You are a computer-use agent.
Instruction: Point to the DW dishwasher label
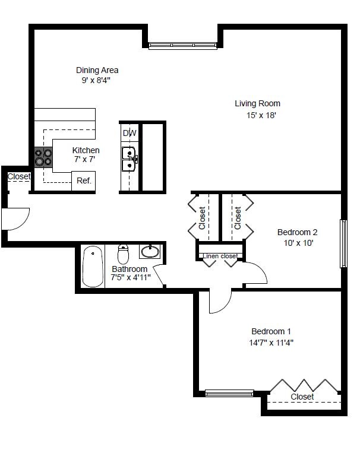(x=129, y=134)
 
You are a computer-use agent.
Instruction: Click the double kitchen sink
(x=130, y=159)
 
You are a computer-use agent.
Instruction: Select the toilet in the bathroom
(x=124, y=255)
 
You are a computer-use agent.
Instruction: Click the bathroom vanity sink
(x=150, y=252)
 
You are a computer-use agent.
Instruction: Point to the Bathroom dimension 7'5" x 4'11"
(x=131, y=277)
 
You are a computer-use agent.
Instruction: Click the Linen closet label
(x=220, y=256)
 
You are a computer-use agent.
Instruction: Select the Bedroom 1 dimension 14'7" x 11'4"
(x=272, y=342)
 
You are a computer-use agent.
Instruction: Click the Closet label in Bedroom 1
(x=302, y=396)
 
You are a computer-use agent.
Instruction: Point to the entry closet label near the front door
(x=18, y=176)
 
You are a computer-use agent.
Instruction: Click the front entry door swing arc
(x=16, y=218)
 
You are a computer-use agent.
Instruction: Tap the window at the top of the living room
(x=182, y=45)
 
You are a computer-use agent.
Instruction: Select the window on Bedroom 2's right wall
(x=343, y=243)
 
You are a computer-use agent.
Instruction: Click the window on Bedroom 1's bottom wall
(x=229, y=392)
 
